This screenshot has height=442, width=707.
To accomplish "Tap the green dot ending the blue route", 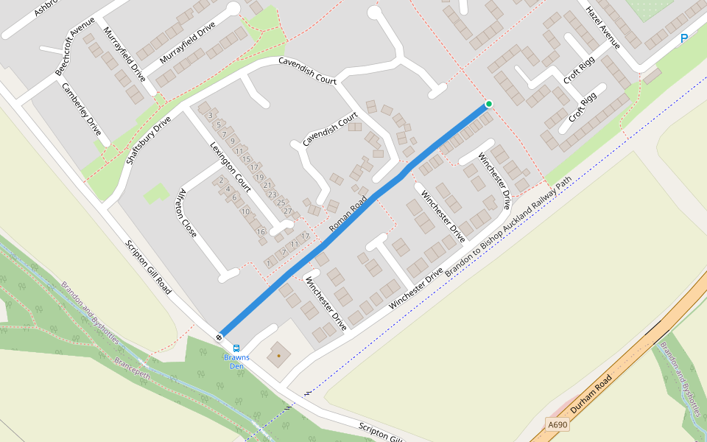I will click(x=488, y=104).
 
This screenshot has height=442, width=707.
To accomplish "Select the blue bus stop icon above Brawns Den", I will click(x=236, y=348).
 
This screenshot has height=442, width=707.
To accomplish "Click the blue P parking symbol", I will click(x=684, y=38).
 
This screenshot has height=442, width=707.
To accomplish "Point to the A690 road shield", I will click(x=558, y=425).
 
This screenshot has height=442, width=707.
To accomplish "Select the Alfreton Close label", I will click(x=186, y=213).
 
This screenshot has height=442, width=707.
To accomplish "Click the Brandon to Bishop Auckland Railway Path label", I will click(x=507, y=227).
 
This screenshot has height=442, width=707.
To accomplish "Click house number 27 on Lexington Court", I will click(x=288, y=212).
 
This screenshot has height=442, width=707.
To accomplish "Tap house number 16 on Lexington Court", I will click(x=261, y=232).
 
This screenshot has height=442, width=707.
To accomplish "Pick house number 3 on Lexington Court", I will click(x=211, y=115).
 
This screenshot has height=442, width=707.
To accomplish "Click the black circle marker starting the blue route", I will click(x=219, y=337).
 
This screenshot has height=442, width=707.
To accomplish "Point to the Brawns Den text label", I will click(x=236, y=361).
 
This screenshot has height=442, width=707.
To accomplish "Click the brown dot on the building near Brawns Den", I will click(x=278, y=356).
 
